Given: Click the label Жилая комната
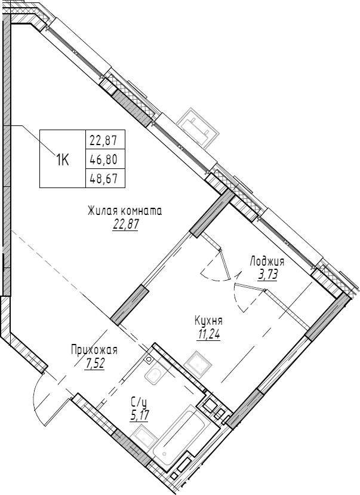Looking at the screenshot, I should [125, 211].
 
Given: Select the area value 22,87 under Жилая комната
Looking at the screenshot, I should [125, 225].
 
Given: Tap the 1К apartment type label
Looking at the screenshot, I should [63, 159].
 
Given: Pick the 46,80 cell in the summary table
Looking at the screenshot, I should [103, 159].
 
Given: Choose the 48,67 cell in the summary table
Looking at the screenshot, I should [103, 178].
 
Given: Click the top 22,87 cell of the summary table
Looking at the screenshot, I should [103, 141].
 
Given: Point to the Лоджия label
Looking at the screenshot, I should [267, 262].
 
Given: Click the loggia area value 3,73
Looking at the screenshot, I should [268, 275].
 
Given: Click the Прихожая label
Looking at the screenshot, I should [94, 351].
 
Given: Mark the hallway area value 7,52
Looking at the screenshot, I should [95, 364].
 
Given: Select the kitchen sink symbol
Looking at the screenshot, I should [196, 362].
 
